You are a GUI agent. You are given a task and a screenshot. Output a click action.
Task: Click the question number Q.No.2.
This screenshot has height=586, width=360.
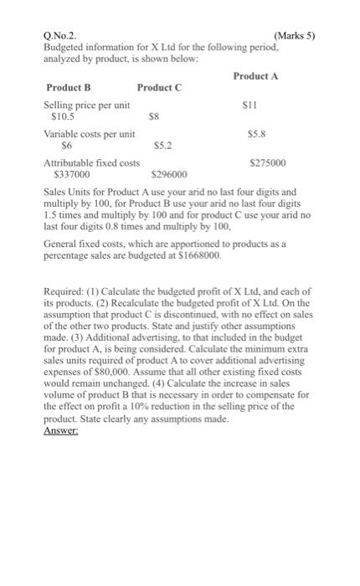click(x=60, y=36)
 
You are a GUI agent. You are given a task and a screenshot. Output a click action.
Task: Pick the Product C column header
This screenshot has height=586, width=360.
click(x=159, y=87)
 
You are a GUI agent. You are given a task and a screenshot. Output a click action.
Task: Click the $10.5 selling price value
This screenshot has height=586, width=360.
click(x=64, y=118)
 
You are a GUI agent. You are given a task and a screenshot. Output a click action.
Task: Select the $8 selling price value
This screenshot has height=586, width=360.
click(x=153, y=118)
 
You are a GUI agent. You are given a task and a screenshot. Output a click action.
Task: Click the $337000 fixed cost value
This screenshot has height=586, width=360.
click(x=70, y=174)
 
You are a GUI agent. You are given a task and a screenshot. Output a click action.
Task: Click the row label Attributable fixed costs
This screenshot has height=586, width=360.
click(x=91, y=162)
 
